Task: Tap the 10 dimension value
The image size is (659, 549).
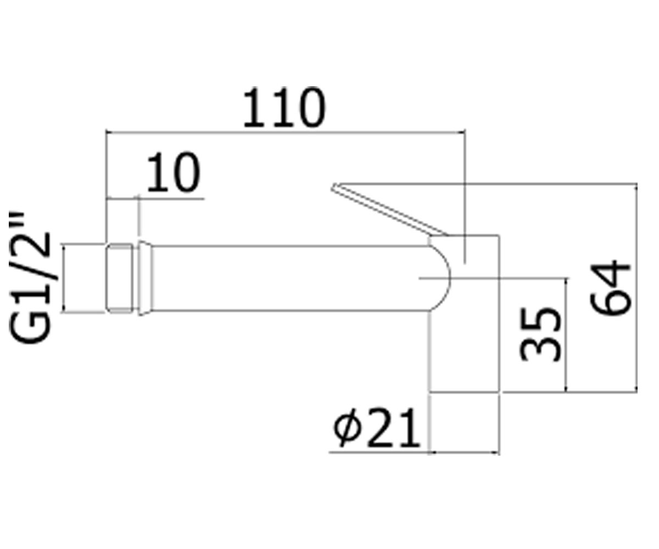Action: click(174, 172)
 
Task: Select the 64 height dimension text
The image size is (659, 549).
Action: click(610, 288)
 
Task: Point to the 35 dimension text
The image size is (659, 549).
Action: click(540, 334)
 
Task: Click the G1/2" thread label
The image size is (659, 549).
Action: click(29, 278)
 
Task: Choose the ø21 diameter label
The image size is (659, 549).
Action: click(377, 428)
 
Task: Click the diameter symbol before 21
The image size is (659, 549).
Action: click(347, 428)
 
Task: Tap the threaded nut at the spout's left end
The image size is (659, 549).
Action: click(120, 278)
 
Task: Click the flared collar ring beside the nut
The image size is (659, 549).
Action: click(145, 278)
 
